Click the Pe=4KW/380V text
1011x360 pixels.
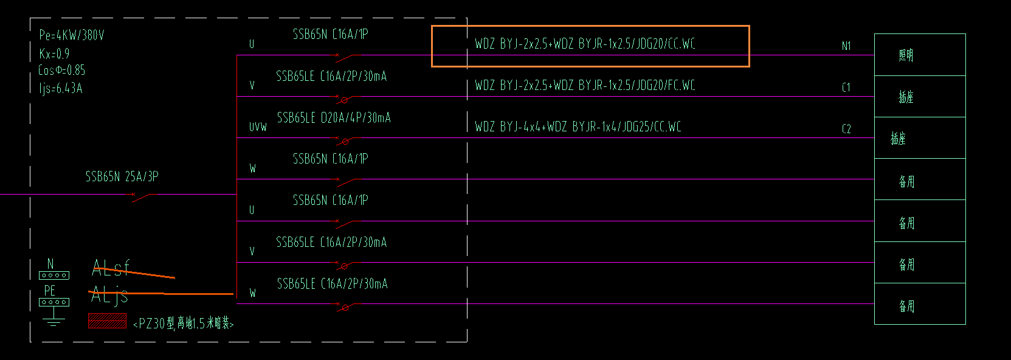72,35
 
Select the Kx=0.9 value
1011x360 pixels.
55,54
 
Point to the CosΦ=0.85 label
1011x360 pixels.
62,71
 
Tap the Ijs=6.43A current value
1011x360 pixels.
61,89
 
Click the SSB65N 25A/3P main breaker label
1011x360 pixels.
122,177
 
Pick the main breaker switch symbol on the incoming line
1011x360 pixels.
142,196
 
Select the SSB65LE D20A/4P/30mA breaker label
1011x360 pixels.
334,118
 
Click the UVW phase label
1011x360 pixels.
258,127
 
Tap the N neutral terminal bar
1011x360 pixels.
53,275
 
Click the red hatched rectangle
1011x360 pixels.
107,320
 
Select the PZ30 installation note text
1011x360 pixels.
184,324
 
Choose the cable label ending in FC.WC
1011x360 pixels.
585,86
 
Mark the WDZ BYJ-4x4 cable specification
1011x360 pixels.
578,127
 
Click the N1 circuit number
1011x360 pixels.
846,46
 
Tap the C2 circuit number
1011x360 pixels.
846,129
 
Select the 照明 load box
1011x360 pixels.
920,55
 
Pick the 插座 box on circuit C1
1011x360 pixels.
920,97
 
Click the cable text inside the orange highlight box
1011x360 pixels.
585,44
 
